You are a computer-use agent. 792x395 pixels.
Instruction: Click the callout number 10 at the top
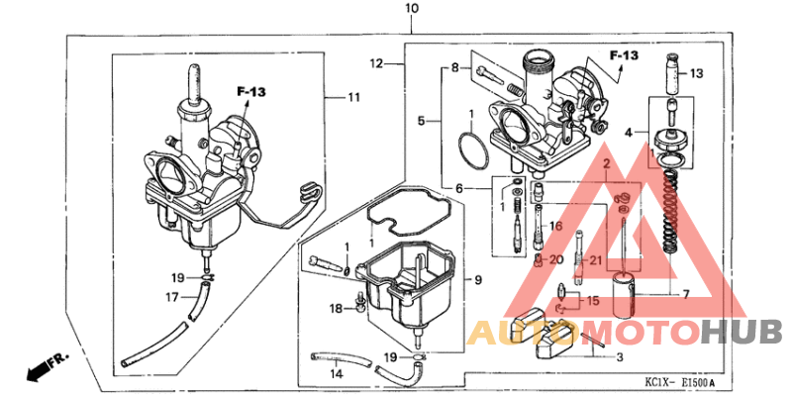click(x=412, y=9)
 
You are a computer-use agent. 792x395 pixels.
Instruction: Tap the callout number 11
click(x=353, y=97)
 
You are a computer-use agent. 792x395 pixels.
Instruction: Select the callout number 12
click(x=376, y=63)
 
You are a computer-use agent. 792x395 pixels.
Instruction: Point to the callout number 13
click(x=696, y=73)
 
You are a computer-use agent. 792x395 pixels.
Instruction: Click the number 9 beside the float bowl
click(x=477, y=281)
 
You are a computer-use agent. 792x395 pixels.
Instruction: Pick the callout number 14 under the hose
click(x=336, y=375)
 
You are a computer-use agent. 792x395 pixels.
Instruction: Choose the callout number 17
click(x=172, y=296)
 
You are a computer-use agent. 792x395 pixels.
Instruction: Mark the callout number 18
click(x=336, y=309)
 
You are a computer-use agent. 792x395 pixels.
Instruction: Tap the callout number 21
click(x=595, y=260)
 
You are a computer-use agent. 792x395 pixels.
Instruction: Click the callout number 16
click(x=555, y=227)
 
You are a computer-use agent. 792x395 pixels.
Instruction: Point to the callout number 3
click(x=619, y=357)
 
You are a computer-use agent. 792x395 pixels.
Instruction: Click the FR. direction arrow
click(x=40, y=367)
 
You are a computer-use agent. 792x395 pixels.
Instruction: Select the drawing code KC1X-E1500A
click(x=680, y=382)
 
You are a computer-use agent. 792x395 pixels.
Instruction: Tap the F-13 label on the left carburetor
click(x=251, y=92)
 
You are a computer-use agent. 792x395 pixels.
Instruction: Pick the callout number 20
click(x=555, y=260)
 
